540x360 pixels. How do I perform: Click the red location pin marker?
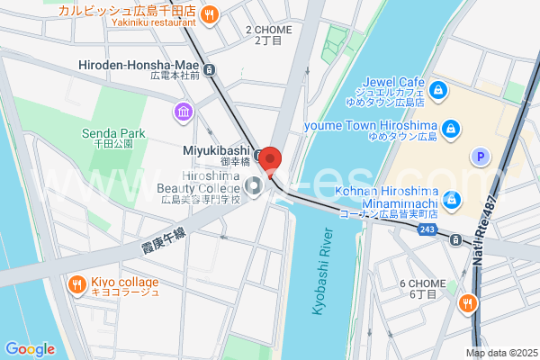coord(270,160)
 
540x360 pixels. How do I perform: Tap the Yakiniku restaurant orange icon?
coord(210,13)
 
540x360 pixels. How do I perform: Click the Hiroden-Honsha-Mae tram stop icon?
coord(210,69)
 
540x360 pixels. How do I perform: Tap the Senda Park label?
coord(113,134)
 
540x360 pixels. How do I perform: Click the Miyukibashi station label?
coord(217,150)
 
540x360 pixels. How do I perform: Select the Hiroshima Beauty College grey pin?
coord(254,186)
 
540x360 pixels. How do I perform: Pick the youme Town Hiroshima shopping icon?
coord(452,128)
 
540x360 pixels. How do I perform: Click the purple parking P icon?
coord(481,157)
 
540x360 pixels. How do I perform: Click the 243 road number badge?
coord(428,231)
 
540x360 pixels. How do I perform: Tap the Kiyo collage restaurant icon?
coord(76,284)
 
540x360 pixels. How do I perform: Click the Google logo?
coord(30,349)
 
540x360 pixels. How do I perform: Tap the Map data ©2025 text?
coord(500,353)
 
